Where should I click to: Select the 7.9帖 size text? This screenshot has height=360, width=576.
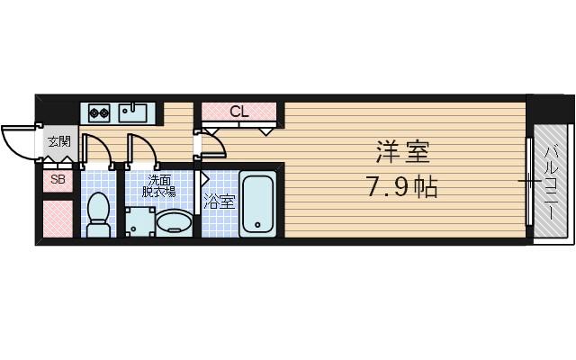pyautogui.click(x=401, y=187)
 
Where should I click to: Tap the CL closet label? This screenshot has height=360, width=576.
pyautogui.click(x=238, y=112)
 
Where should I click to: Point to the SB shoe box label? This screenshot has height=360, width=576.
pyautogui.click(x=58, y=179)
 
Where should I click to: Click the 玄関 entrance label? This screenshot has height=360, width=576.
pyautogui.click(x=58, y=141)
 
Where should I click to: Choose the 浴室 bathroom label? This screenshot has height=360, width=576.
pyautogui.click(x=219, y=201)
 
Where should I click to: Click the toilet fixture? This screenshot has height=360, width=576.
pyautogui.click(x=99, y=214)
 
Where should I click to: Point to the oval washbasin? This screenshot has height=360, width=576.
pyautogui.click(x=175, y=221)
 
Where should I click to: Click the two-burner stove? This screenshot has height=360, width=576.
pyautogui.click(x=99, y=113)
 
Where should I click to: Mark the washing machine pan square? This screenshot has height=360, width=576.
pyautogui.click(x=139, y=221)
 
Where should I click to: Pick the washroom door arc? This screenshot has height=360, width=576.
pyautogui.click(x=142, y=151)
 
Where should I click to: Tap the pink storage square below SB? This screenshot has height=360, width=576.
pyautogui.click(x=58, y=218)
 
